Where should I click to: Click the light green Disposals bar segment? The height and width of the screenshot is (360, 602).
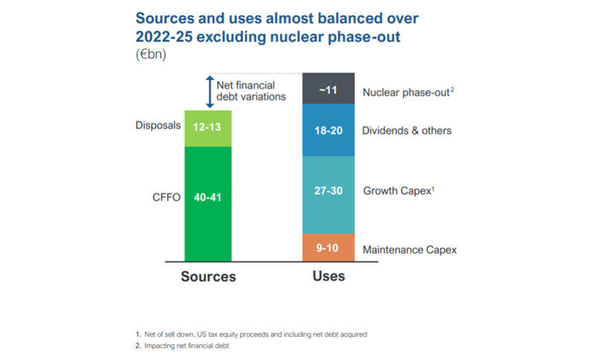pyautogui.click(x=209, y=128)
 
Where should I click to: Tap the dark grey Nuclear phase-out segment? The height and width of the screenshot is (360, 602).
pyautogui.click(x=328, y=89)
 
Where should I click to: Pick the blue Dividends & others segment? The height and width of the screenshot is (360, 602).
pyautogui.click(x=328, y=130)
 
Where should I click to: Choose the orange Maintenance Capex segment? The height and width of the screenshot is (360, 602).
pyautogui.click(x=328, y=248)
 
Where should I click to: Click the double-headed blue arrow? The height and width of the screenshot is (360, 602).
pyautogui.click(x=210, y=92)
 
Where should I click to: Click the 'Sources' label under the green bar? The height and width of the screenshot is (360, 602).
pyautogui.click(x=209, y=277)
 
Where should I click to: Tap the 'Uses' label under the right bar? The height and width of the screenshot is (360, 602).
pyautogui.click(x=328, y=276)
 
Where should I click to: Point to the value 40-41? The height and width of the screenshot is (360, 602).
pyautogui.click(x=209, y=198)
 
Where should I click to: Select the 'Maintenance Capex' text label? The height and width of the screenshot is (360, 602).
pyautogui.click(x=410, y=250)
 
